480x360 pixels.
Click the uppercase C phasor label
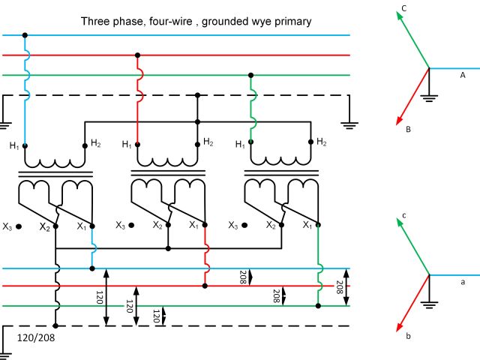pos(403,9)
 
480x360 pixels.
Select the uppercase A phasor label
pos(463,75)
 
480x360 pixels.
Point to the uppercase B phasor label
pos(409,129)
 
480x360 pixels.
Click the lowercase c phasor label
pos(403,216)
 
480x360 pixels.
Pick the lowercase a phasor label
pos(463,281)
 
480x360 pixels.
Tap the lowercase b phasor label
pos(408,337)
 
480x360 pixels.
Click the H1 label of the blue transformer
pos(13,145)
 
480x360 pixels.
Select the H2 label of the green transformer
pos(321,142)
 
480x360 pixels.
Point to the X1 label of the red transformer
pos(194,225)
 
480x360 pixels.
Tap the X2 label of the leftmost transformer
pos(44,226)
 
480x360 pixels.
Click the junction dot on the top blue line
pos(25,35)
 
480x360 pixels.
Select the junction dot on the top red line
pos(137,55)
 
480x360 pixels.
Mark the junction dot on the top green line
pos(250,75)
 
